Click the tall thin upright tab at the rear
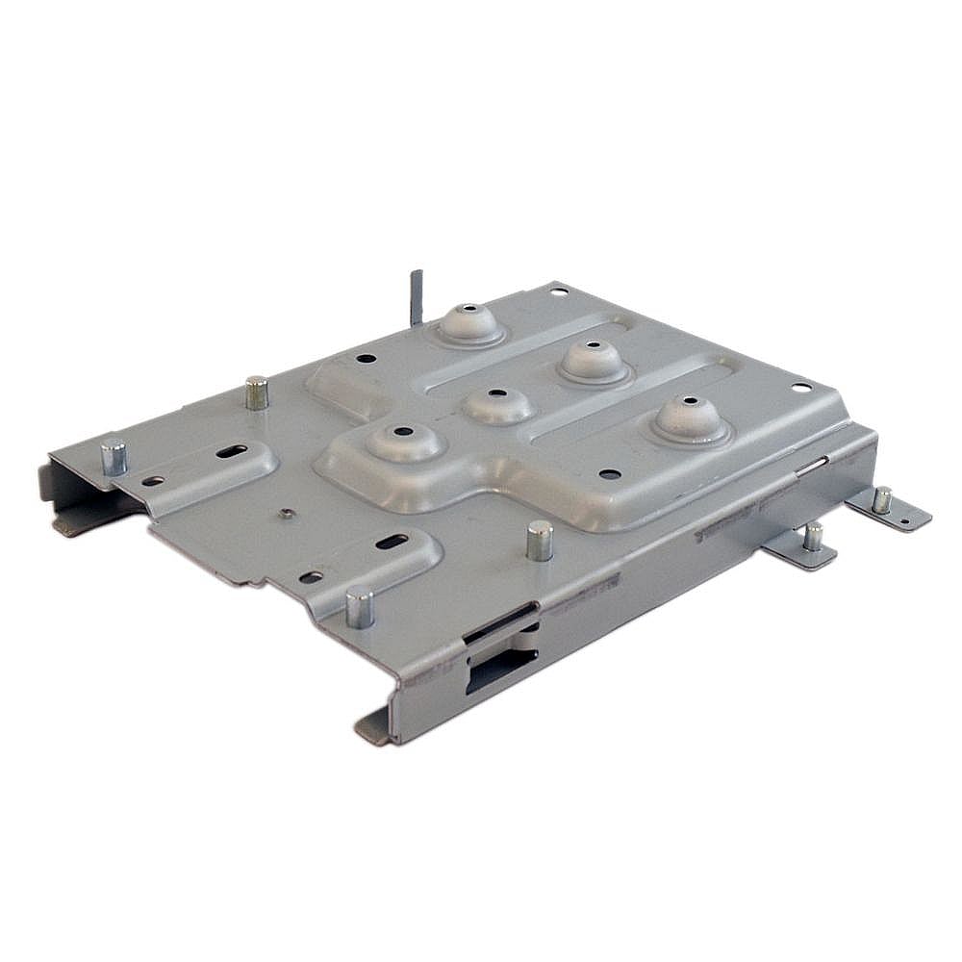416,297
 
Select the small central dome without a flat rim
497,403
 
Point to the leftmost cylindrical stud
114,456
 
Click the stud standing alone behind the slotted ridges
256,392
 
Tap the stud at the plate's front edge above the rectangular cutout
359,605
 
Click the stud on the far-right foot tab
881,499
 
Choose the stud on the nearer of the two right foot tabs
813,535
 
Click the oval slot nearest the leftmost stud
230,451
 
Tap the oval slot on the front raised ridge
391,542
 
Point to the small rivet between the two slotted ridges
285,513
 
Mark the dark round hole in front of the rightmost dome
609,474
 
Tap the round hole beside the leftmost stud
153,481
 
